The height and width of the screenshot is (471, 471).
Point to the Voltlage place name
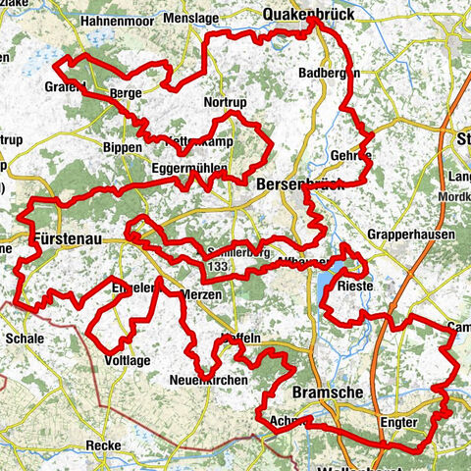click(x=127, y=360)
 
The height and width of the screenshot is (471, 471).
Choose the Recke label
click(x=103, y=445)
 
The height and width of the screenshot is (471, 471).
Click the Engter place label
click(x=397, y=422)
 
